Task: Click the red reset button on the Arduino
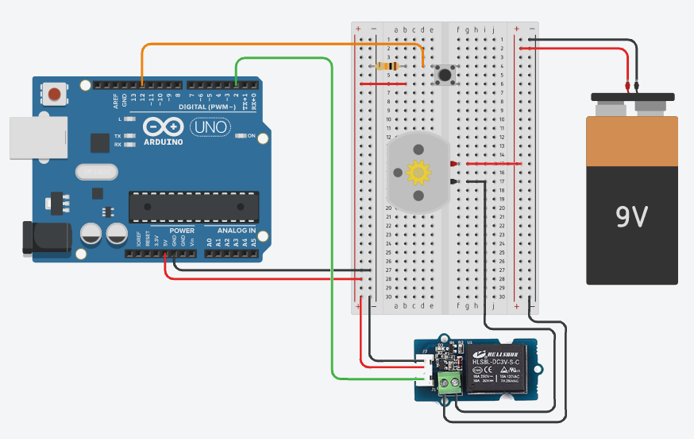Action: click(x=54, y=95)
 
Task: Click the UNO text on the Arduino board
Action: click(x=210, y=127)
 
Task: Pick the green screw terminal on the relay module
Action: click(x=451, y=387)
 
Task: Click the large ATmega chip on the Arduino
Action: click(x=194, y=207)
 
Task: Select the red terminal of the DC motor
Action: click(x=453, y=164)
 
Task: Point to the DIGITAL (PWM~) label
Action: click(x=183, y=107)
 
